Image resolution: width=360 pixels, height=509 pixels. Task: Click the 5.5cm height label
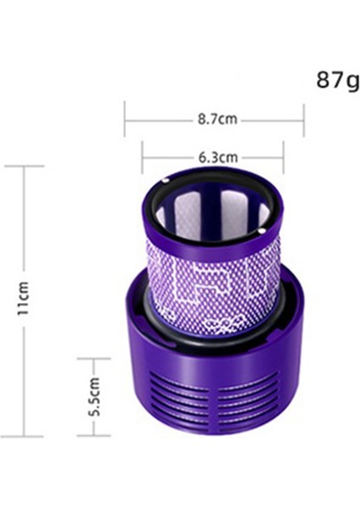click(x=94, y=396)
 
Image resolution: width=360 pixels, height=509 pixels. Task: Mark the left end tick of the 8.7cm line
click(x=125, y=120)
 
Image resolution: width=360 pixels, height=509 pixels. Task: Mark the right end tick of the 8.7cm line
click(x=304, y=120)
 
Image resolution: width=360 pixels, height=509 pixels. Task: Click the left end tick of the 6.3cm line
click(x=143, y=157)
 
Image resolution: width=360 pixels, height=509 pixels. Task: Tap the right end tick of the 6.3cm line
click(x=284, y=157)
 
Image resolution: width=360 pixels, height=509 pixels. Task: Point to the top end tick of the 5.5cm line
click(x=94, y=359)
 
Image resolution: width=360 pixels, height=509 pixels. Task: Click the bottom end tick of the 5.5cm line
click(x=94, y=435)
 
